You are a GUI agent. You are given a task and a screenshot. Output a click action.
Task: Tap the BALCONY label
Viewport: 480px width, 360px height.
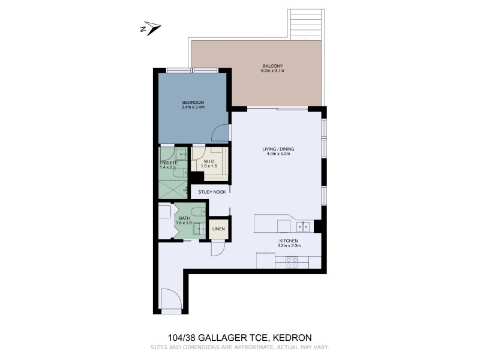tap(272, 65)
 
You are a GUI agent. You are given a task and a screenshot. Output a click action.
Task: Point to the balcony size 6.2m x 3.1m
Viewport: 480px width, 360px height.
tap(272, 71)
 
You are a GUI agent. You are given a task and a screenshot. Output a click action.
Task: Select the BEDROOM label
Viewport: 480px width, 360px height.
tap(193, 102)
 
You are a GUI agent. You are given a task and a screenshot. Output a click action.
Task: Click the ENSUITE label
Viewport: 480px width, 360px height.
tap(168, 163)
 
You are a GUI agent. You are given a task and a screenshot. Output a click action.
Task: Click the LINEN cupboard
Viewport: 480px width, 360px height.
tap(218, 229)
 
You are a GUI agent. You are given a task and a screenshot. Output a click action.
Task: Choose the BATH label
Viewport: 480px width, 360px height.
tap(184, 218)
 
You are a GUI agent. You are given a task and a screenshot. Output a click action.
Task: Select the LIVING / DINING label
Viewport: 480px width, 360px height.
tap(278, 148)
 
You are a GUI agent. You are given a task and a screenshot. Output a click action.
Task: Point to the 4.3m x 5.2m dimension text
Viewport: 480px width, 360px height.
tap(278, 154)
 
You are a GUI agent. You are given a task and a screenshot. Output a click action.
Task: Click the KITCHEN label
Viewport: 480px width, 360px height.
tap(289, 240)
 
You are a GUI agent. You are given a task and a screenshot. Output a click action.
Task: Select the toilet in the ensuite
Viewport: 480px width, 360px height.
tap(171, 173)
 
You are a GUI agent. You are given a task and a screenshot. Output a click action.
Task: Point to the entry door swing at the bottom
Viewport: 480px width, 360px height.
tap(170, 298)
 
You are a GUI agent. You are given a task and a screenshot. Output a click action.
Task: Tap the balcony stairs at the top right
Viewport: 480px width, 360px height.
tap(306, 24)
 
